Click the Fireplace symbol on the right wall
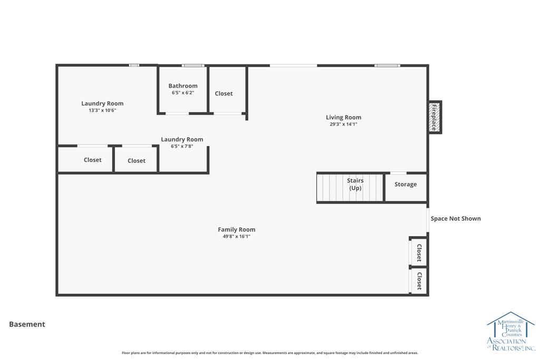435,117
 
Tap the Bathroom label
183,86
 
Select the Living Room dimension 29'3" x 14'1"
343,124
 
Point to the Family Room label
237,230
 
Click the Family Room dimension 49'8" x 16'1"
237,237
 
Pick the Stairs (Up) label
355,184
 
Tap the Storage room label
406,184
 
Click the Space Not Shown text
456,219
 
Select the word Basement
27,324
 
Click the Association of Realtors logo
510,332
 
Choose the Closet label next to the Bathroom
224,94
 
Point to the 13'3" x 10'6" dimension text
102,111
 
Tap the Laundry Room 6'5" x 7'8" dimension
182,147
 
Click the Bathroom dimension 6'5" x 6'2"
183,93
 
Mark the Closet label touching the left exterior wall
93,160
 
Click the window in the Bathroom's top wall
193,65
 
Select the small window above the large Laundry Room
134,65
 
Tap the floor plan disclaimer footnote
269,353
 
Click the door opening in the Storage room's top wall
398,173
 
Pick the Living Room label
343,118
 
